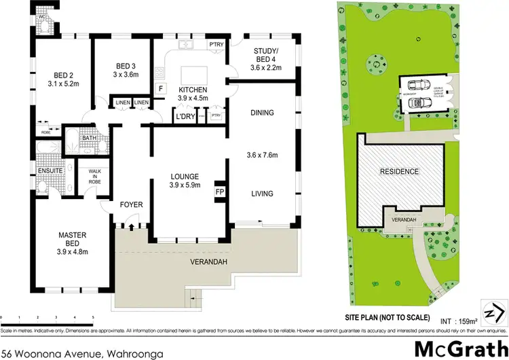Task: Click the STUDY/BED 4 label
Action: tap(264, 62)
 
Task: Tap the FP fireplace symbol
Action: tap(220, 192)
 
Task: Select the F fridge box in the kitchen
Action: tap(161, 88)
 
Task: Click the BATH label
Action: tap(89, 138)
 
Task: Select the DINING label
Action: tap(261, 113)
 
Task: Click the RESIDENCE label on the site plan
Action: tap(398, 171)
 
